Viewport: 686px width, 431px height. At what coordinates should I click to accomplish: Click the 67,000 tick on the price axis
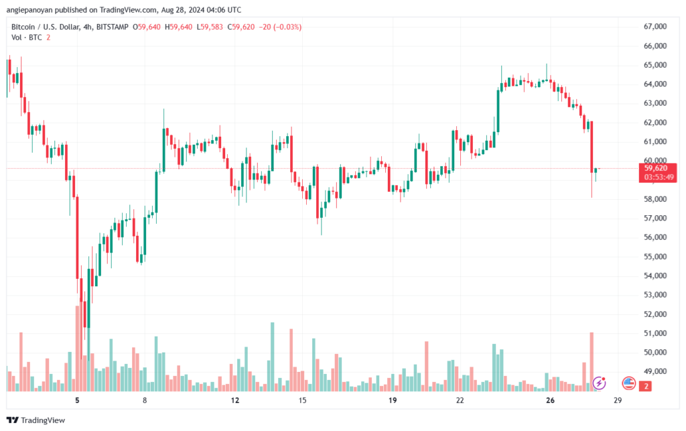tap(655, 27)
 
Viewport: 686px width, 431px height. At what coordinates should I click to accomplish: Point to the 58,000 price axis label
tap(655, 199)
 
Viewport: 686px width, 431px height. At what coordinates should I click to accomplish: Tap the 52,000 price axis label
tap(655, 314)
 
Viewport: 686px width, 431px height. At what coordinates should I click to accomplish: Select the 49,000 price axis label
tap(655, 371)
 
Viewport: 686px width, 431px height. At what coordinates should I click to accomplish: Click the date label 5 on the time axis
tap(78, 400)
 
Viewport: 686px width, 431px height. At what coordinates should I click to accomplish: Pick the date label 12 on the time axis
tap(235, 400)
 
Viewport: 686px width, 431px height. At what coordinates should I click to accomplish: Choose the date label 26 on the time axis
tap(550, 400)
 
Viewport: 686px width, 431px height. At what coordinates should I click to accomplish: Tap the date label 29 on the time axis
tap(617, 400)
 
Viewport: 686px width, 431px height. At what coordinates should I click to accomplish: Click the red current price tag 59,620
tap(656, 168)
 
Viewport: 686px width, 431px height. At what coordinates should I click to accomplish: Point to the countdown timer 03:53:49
tap(659, 177)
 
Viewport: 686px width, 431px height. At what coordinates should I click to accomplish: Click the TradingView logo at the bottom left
tap(36, 420)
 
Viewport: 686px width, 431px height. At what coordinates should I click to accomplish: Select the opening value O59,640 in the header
tap(147, 27)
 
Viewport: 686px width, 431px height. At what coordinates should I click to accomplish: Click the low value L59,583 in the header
tap(210, 27)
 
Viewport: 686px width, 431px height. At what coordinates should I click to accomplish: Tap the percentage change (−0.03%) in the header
tap(287, 27)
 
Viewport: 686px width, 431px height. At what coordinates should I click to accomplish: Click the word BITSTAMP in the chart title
tap(112, 27)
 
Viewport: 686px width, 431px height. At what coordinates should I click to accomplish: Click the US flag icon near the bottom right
tap(628, 383)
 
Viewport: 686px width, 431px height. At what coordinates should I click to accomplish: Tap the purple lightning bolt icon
tap(599, 383)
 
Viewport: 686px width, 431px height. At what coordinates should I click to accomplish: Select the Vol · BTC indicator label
tap(27, 38)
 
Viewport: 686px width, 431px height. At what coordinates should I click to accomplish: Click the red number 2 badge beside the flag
tap(645, 386)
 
